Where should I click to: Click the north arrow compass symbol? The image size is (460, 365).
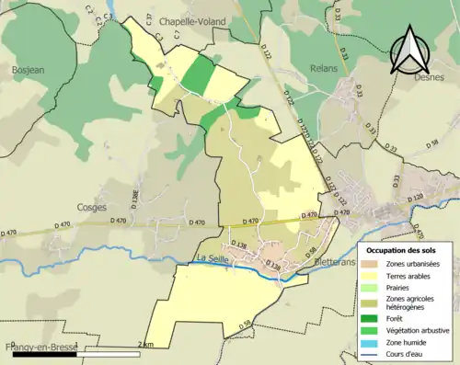click(410, 50)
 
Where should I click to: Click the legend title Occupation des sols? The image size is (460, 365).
click(402, 250)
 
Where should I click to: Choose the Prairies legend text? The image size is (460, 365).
click(400, 286)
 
